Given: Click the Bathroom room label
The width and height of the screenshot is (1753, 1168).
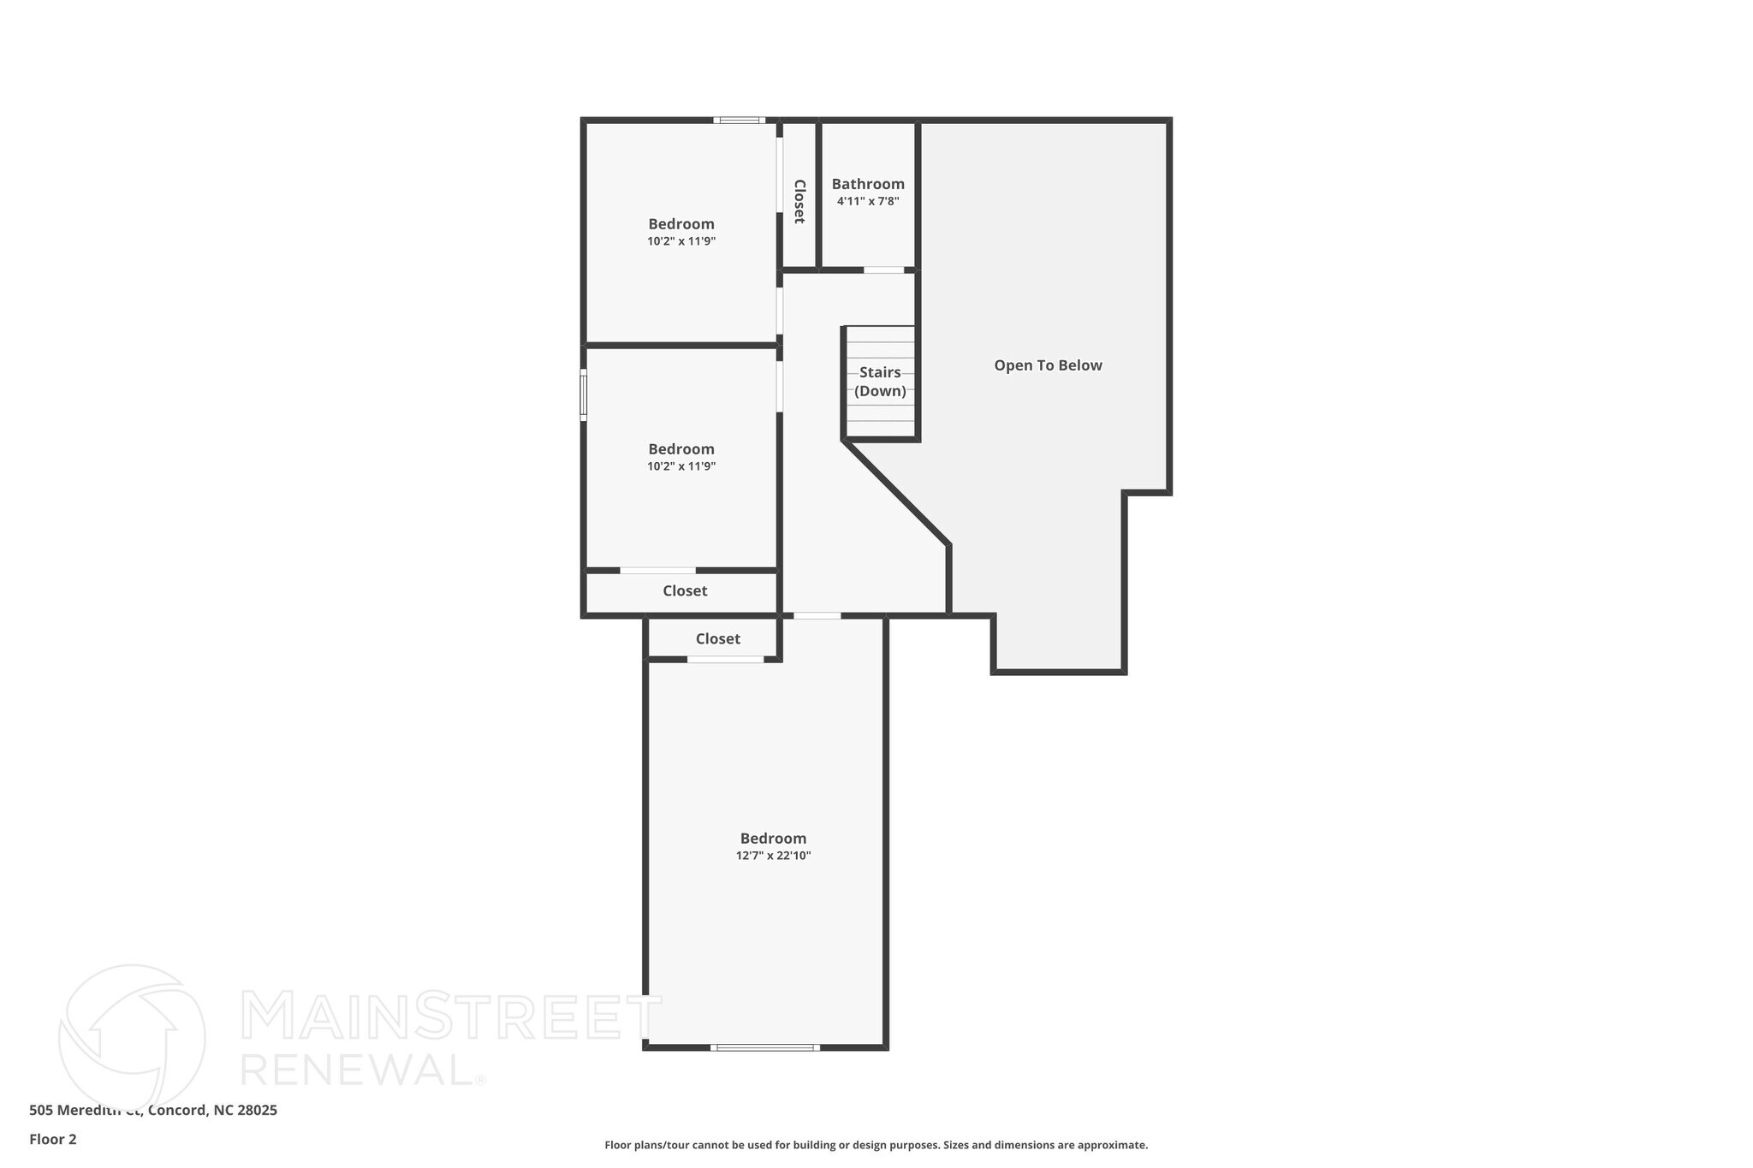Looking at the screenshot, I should [868, 184].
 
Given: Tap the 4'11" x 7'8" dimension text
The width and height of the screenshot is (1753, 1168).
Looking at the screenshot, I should [868, 202].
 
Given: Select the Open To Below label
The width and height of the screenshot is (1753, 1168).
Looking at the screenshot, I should [1048, 365].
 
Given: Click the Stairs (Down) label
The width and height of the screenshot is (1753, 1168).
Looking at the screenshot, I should [880, 382].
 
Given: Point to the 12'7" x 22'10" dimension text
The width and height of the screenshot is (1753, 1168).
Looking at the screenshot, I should [773, 856].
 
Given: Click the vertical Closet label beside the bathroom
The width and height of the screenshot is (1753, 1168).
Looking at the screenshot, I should [799, 201].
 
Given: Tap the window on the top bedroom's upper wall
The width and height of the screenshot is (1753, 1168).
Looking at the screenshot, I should [740, 121].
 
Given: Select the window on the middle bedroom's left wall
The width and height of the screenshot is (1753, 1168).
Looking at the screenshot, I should [584, 394].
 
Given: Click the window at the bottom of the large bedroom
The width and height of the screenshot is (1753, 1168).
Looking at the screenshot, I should [764, 1047].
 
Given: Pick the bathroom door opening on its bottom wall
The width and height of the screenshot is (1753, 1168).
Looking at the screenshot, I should [883, 270].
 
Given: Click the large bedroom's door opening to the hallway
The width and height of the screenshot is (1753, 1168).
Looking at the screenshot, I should [817, 616].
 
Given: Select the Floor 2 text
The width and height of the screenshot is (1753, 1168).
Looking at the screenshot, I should [53, 1139].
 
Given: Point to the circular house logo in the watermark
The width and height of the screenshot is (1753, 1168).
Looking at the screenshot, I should [132, 1037].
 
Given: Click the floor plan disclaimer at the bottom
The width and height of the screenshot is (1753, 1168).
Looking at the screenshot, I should [876, 1145].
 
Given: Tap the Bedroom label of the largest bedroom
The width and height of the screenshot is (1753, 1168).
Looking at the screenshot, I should [773, 839].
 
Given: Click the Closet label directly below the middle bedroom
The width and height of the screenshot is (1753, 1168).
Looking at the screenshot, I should [685, 591].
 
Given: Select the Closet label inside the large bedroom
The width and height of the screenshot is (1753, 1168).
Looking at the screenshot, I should [717, 639].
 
